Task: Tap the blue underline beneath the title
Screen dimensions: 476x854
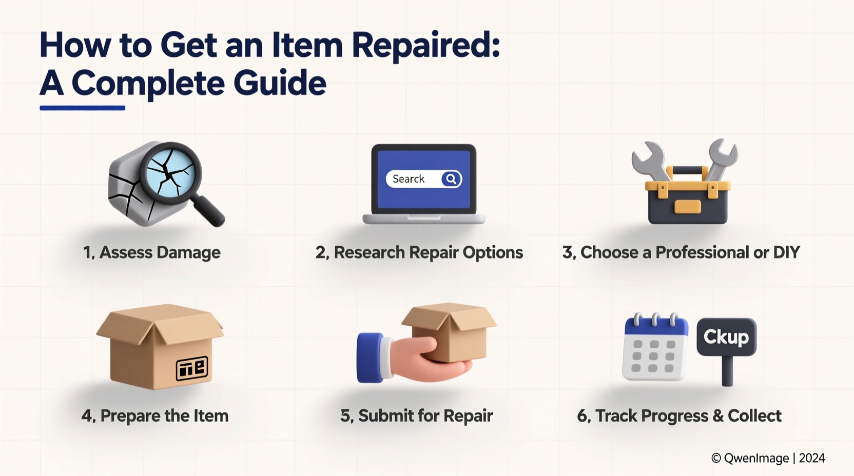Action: (82, 108)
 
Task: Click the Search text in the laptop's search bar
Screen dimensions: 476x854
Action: (409, 179)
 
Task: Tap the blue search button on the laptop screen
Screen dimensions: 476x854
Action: (451, 179)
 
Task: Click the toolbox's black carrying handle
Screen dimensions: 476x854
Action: (687, 170)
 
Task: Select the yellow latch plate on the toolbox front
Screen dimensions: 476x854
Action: (687, 206)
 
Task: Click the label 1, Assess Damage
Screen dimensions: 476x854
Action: (152, 252)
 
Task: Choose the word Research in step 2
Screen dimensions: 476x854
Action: (369, 252)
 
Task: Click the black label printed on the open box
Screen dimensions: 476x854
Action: (192, 368)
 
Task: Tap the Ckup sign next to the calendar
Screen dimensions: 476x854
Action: (726, 337)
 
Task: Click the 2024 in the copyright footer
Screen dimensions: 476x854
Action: (811, 458)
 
